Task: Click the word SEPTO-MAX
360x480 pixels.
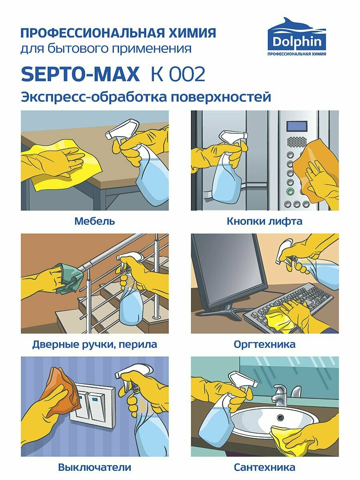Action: [80, 74]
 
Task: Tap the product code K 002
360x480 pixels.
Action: [178, 74]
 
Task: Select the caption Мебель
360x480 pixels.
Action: [94, 221]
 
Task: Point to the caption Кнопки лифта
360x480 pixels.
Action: [264, 221]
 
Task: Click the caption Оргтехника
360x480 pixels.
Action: [264, 344]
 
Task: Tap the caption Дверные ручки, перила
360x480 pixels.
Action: [95, 345]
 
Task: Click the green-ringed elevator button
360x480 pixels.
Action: [290, 191]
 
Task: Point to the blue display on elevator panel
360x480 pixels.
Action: [297, 126]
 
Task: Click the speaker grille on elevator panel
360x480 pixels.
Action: [297, 142]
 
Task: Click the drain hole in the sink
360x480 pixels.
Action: [280, 417]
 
